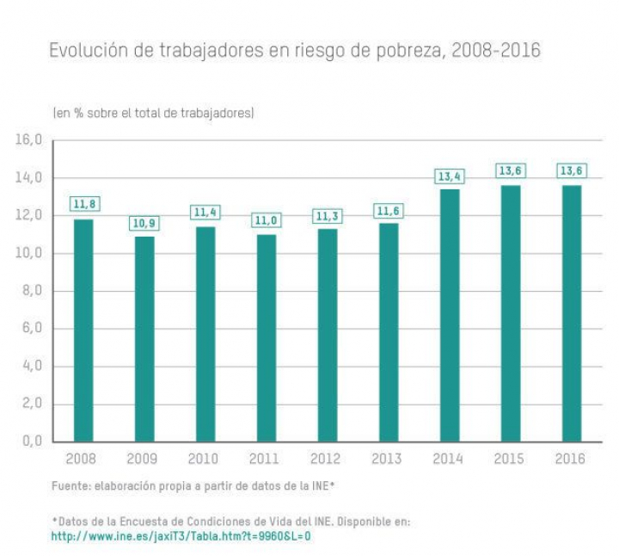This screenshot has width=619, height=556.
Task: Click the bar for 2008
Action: click(83, 331)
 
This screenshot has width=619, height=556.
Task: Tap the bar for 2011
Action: click(267, 338)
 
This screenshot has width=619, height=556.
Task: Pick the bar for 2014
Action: click(450, 315)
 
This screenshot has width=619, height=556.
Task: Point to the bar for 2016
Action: click(572, 313)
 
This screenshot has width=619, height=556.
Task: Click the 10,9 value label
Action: click(144, 223)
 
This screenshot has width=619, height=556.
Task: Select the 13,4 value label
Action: click(450, 176)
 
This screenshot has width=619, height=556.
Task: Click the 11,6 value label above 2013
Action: click(389, 211)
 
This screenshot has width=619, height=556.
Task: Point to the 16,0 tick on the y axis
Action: click(29, 140)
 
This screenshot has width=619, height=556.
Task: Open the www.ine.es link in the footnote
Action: click(181, 536)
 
